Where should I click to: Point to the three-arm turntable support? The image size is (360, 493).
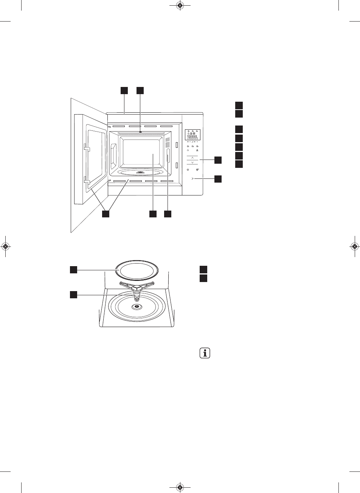click(137, 288)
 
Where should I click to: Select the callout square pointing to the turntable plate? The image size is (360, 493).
click(73, 269)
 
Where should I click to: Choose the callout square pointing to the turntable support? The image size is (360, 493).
click(73, 294)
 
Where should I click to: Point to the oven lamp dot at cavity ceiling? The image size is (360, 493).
click(140, 132)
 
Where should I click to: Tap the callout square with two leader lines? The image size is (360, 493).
click(106, 214)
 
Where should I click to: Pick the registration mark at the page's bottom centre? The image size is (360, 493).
click(180, 487)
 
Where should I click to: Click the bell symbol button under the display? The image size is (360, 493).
click(188, 150)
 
